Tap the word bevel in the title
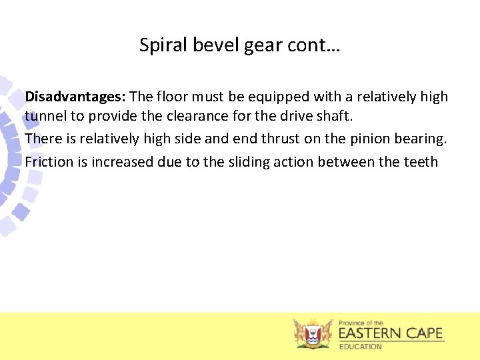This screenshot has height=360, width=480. point(208,45)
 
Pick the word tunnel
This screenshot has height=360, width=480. point(46,116)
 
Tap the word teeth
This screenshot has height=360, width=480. point(421,161)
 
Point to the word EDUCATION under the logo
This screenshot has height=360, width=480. point(361,347)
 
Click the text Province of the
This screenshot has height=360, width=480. point(361,323)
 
